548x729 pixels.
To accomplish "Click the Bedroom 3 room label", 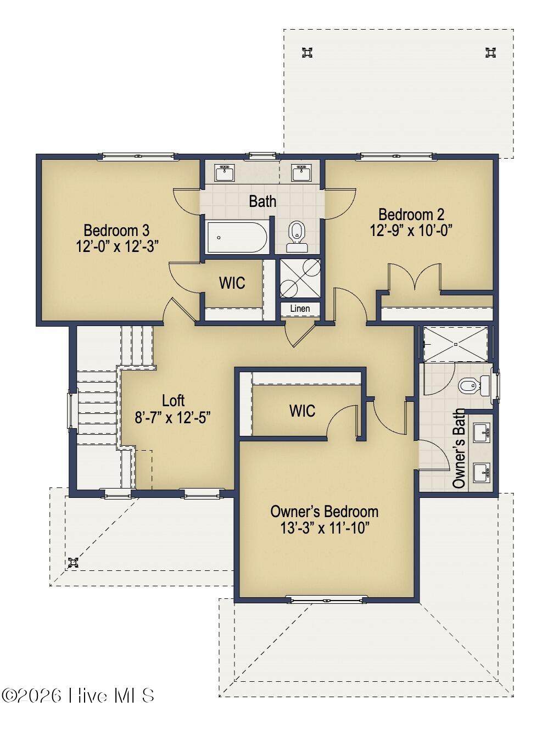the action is [116, 230].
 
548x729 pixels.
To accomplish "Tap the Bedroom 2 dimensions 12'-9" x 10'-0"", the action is [411, 230].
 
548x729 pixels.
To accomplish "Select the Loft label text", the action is [174, 401].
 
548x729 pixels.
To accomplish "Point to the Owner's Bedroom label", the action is [325, 512].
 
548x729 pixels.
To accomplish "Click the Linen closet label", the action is [300, 308].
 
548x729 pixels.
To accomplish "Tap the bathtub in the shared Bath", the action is [237, 238].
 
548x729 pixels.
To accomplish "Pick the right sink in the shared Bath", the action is [301, 173].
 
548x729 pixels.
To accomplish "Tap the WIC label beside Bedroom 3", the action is [232, 283].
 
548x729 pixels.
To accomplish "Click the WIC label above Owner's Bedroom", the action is [302, 411].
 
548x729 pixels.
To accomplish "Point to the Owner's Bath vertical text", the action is [458, 448].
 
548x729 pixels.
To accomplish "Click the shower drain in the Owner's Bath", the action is [456, 344].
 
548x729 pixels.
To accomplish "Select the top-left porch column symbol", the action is [307, 53].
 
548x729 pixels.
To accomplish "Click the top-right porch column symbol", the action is [490, 53].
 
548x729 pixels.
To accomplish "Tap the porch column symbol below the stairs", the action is [72, 563].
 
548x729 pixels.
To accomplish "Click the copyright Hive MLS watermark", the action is [78, 696].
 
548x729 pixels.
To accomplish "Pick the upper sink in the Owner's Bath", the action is [482, 433].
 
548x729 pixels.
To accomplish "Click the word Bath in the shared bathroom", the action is [262, 201].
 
